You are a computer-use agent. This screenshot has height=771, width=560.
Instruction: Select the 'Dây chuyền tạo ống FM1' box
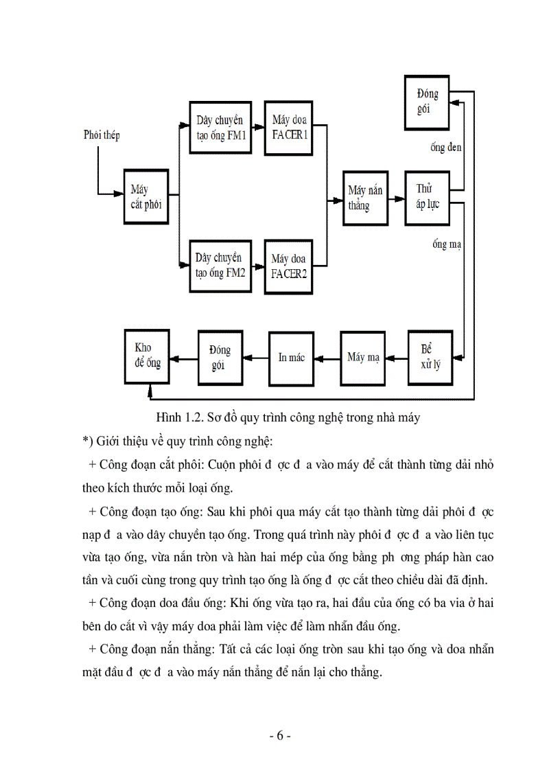coord(221,128)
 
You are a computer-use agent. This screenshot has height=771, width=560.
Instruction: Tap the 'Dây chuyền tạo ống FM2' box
coord(221,266)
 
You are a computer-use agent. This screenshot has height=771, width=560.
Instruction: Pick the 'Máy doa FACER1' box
coord(289,128)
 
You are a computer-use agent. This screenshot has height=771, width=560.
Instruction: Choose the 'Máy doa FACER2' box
coord(289,266)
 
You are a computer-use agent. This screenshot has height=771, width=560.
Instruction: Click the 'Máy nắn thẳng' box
coord(365,198)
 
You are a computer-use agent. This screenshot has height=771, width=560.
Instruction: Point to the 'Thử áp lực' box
coord(428,197)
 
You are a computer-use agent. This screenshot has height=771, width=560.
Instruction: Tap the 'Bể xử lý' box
coord(430,357)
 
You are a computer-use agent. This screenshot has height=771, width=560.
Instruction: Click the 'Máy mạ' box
coord(363,358)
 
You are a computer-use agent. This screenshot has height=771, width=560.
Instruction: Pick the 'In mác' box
coord(291,358)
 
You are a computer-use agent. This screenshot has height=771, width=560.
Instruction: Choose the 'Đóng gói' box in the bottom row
coord(220,358)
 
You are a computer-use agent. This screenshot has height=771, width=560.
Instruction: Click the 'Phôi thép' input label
coord(101,135)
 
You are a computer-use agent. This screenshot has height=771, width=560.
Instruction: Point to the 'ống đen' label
coord(445,148)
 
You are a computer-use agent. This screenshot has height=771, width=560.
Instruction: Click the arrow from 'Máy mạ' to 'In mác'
coord(327,358)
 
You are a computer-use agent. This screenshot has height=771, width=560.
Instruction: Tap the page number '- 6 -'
coord(280,736)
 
